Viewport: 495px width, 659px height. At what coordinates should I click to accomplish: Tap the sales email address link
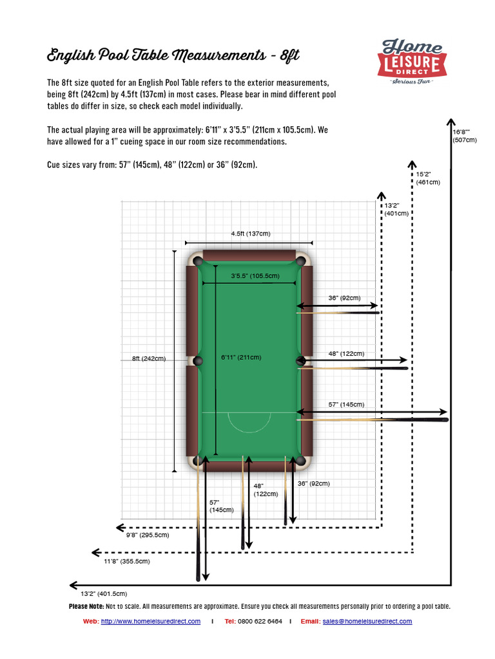coord(367,621)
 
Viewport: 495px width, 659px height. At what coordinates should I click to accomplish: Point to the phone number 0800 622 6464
coord(260,621)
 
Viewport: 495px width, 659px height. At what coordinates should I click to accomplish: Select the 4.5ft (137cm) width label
coord(248,234)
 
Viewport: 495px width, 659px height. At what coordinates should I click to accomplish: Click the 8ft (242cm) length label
coord(149,358)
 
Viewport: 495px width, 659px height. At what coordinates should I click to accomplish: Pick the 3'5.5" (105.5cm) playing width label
coord(255,276)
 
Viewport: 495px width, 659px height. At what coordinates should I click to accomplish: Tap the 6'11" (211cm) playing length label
coord(240,357)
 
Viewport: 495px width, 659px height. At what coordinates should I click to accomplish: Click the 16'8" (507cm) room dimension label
coord(463,135)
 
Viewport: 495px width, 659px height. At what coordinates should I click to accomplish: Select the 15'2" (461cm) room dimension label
coord(428,178)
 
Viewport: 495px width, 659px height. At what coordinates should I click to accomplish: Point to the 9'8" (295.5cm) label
coord(147,535)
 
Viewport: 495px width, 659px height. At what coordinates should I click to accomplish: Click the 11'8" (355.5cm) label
coord(126,561)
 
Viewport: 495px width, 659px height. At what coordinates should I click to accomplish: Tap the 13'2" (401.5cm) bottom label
coord(104,593)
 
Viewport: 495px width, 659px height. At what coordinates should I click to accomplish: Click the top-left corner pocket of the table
coord(197,261)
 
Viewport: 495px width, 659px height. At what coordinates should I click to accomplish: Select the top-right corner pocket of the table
coord(300,261)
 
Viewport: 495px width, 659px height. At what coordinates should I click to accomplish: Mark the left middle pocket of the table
coord(197,360)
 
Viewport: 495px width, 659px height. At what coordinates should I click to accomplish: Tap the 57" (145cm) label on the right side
coord(346,404)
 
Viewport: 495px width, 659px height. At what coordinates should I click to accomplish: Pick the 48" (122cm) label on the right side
coord(346,353)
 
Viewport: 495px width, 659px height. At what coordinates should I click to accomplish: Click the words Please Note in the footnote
coord(86,606)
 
